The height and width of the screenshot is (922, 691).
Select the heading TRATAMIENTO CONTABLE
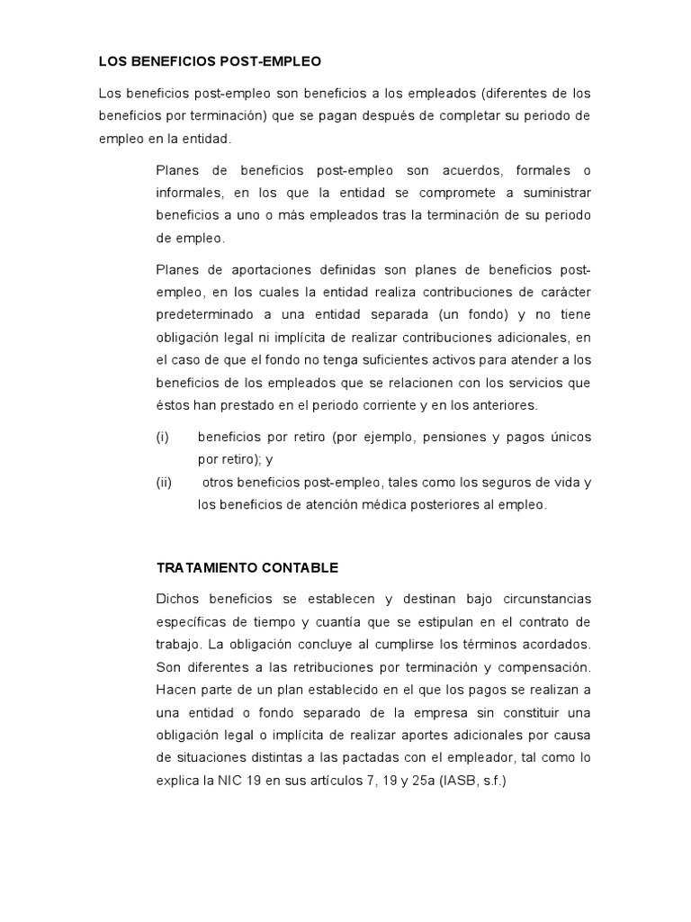pos(247,568)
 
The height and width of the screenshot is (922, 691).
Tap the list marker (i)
pos(162,437)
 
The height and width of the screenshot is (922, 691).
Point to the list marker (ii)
pos(164,483)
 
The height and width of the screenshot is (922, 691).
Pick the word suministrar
pos(550,194)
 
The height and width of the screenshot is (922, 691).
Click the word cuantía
pos(351,622)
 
